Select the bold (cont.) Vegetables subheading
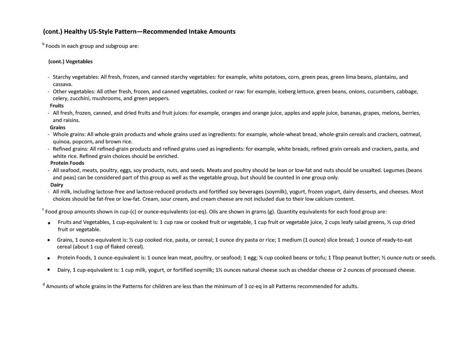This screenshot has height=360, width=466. (x=71, y=61)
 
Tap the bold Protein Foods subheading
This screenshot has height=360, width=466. (x=67, y=163)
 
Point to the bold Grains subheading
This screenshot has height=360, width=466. (x=58, y=127)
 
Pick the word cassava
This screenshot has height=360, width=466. (x=62, y=84)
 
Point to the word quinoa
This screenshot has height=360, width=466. (x=61, y=142)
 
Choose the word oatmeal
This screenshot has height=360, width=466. (x=410, y=134)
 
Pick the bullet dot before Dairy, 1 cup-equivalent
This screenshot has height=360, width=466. (x=48, y=269)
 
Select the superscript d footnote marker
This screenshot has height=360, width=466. (x=44, y=285)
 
